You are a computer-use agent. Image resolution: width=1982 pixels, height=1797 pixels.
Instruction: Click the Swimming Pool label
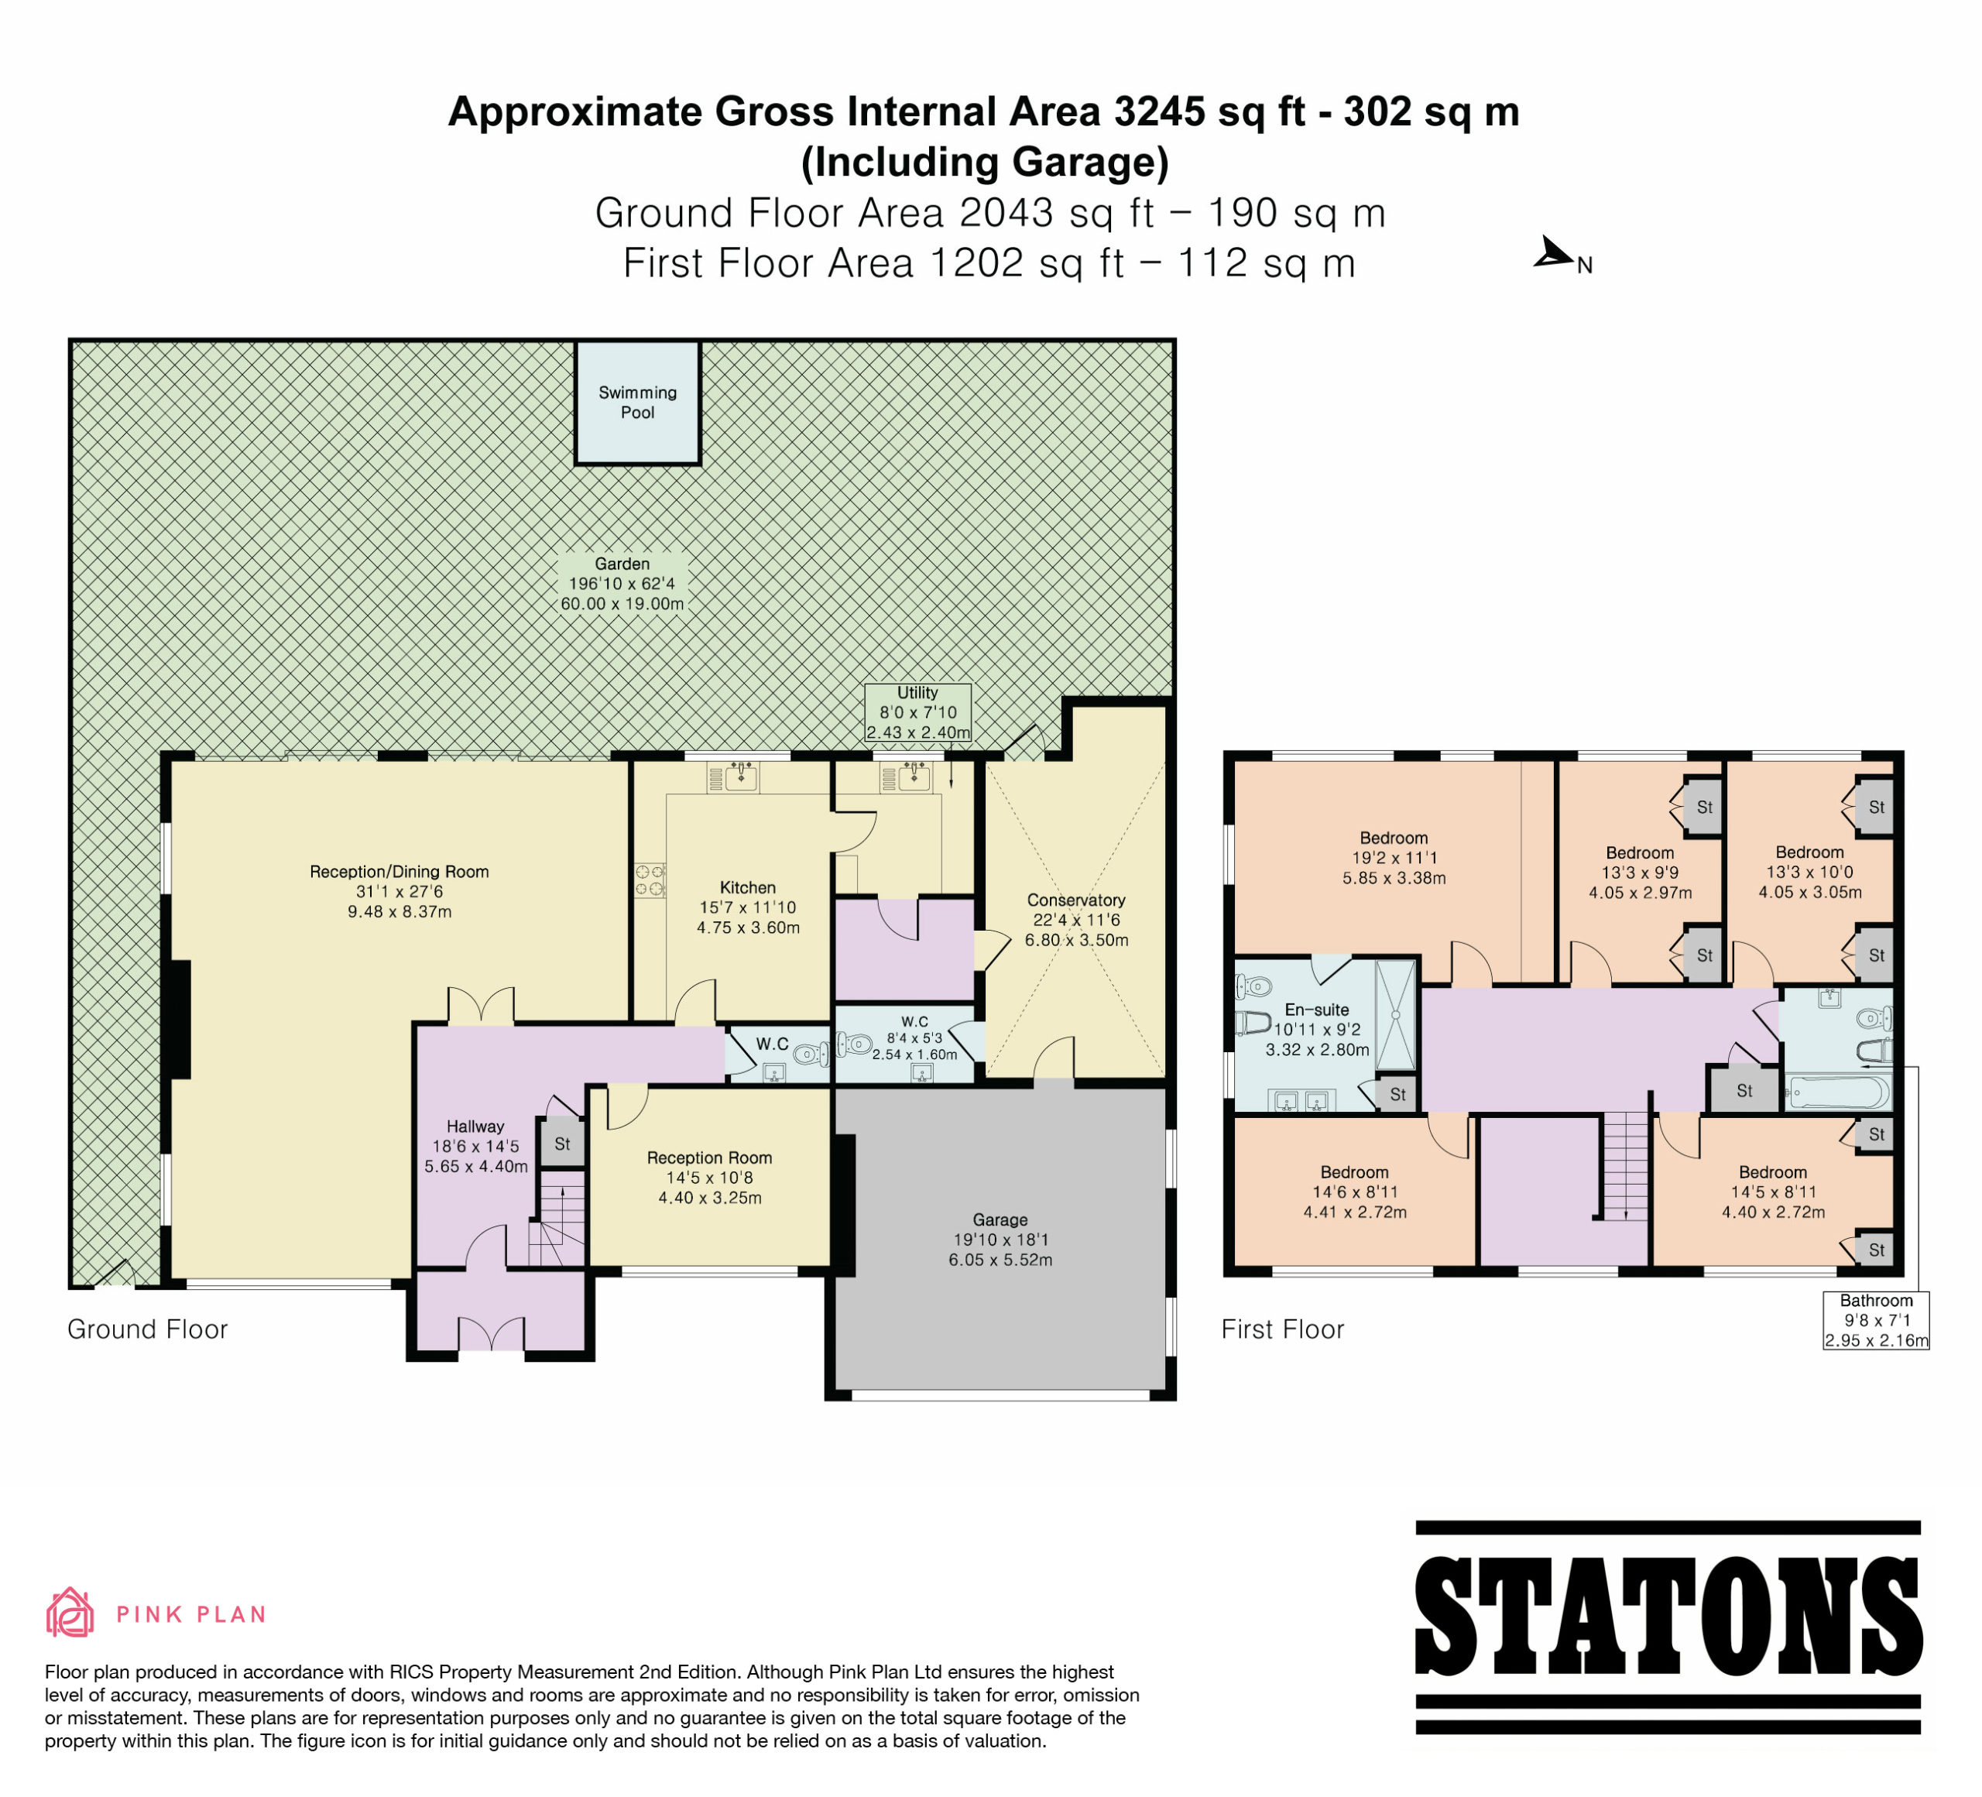coord(637,402)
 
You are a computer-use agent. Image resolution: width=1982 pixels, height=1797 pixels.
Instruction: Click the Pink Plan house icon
coord(70,1614)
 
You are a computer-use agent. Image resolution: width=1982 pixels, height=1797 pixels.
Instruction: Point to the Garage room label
coord(1000,1240)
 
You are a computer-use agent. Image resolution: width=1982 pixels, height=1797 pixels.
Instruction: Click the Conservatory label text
coord(1075,900)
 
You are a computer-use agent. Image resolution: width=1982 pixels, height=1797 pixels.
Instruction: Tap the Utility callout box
coord(917,713)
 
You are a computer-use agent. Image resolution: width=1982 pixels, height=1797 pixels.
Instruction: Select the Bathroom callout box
coord(1876,1320)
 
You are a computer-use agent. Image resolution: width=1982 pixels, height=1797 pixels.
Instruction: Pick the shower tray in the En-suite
coord(1395,1014)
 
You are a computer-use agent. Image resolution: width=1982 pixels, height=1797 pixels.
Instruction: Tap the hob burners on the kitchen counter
coord(649,880)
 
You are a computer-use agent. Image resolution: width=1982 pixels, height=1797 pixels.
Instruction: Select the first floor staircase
coord(1625,1167)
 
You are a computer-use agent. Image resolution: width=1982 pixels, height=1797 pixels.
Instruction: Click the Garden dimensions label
coord(622,584)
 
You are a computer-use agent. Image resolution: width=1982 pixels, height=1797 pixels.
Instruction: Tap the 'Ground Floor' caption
coord(147,1330)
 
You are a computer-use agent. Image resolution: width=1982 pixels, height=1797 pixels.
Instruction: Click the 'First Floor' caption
coord(1282,1330)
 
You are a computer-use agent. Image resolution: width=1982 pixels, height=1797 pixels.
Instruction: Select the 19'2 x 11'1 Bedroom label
coord(1394,858)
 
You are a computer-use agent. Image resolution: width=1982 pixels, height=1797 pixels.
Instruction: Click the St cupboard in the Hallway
coord(562,1144)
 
